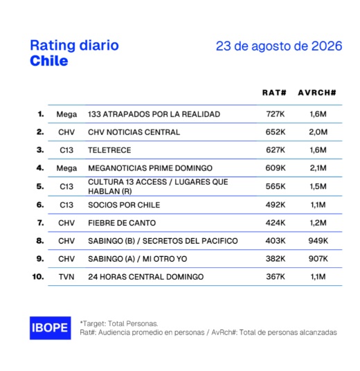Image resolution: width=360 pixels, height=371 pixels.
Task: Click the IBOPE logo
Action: (x=50, y=327)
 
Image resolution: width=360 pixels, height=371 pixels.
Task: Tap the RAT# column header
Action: (x=274, y=93)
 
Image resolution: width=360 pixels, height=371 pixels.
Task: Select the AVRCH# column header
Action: (x=317, y=93)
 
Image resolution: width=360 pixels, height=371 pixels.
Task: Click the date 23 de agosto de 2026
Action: (x=279, y=46)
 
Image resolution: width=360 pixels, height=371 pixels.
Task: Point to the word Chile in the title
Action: (x=49, y=61)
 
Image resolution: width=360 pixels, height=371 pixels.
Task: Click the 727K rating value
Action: (x=276, y=114)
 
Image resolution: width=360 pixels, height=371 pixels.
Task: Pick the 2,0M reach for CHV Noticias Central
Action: (x=318, y=132)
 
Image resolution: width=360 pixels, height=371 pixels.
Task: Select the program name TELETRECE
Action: (x=109, y=150)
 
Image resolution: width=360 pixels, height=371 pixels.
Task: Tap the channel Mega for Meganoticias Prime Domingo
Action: (x=66, y=168)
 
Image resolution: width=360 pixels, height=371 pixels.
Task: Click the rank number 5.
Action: (x=40, y=186)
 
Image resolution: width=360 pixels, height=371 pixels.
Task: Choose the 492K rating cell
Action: (x=276, y=205)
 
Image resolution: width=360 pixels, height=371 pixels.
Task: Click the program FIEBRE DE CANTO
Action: (x=122, y=223)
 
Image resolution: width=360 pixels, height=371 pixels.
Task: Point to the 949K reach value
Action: (x=318, y=241)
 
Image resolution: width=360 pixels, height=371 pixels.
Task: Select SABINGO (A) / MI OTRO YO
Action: (x=138, y=259)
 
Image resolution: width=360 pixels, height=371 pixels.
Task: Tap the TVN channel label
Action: (x=66, y=277)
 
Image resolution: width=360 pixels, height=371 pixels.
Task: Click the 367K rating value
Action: (x=276, y=277)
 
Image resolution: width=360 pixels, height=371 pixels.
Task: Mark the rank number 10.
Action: (x=38, y=277)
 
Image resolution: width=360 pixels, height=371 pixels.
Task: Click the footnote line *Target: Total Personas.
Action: (x=119, y=323)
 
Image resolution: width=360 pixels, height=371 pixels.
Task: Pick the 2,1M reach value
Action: (x=318, y=168)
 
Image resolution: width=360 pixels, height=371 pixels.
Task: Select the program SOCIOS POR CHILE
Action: (x=124, y=205)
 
